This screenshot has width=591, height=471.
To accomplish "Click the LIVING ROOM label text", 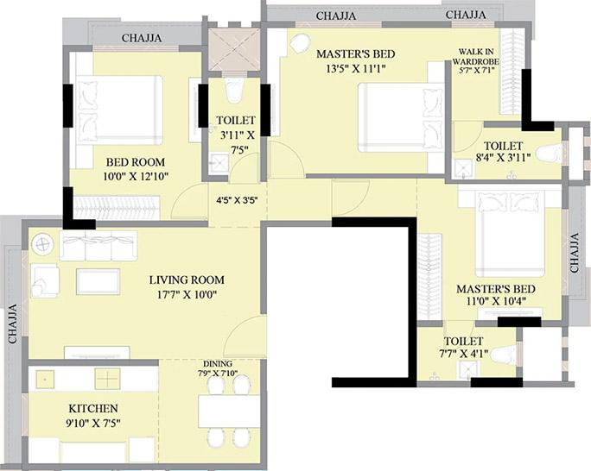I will point(186,279).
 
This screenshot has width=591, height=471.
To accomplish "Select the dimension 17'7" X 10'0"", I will point(186,294).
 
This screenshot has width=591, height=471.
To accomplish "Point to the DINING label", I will point(217,363).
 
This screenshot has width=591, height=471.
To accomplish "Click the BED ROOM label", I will point(136,161).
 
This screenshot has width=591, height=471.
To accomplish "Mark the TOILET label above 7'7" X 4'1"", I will point(464,342).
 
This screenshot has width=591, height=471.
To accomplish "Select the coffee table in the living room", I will point(98,280).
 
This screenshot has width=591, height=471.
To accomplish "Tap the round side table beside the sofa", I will point(41,244).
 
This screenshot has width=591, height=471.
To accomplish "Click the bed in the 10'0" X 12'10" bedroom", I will point(120,109).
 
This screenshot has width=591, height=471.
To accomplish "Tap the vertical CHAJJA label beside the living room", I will point(13,325).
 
